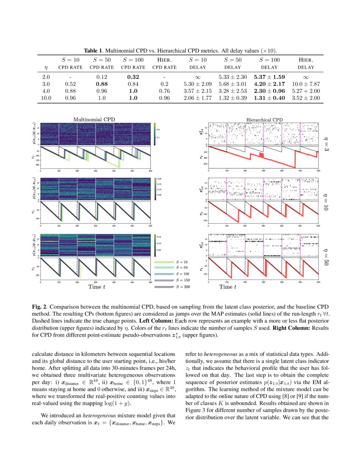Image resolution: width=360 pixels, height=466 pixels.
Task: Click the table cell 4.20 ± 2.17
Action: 269,83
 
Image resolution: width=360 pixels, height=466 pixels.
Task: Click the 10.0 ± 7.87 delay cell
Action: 306,83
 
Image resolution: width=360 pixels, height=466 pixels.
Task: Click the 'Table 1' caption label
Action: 95,50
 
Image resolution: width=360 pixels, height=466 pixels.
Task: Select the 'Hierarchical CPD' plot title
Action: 265,120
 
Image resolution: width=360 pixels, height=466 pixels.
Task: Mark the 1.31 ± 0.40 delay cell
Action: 269,98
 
